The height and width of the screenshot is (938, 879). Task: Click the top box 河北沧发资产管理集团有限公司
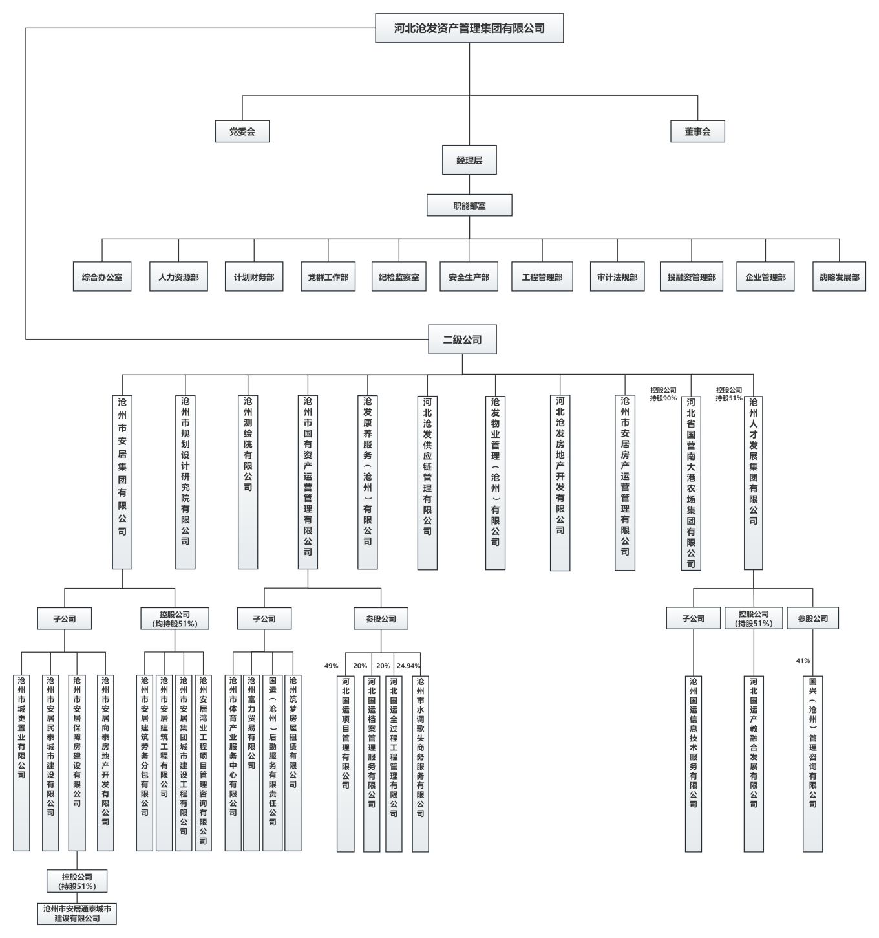tap(469, 28)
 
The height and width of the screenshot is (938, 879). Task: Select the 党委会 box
tap(242, 131)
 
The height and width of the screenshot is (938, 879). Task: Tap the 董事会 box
tap(697, 131)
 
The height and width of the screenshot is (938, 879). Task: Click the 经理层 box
tap(469, 160)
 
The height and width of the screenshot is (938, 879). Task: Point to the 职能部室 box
tap(469, 206)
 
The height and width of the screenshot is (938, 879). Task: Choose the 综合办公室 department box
tap(102, 277)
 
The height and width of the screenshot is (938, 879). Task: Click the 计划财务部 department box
tap(254, 277)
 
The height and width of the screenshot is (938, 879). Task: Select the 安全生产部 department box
tap(469, 277)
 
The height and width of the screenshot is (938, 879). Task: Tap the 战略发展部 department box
tap(839, 277)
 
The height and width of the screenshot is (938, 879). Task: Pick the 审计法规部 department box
tap(617, 277)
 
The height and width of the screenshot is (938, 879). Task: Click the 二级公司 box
tap(462, 340)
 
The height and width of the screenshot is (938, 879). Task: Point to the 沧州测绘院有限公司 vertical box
tap(248, 481)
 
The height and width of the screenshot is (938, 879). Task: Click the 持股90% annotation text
tap(663, 398)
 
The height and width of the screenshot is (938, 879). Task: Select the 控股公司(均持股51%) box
tap(175, 618)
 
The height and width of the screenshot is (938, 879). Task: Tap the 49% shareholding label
tap(332, 666)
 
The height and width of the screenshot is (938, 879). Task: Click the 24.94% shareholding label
tap(408, 666)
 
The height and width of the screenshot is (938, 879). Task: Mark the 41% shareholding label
tap(803, 660)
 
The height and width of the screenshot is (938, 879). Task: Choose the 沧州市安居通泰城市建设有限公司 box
tap(77, 913)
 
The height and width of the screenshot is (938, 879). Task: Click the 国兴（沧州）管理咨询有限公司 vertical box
tap(812, 763)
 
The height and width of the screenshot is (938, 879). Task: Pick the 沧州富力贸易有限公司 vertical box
tap(251, 763)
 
